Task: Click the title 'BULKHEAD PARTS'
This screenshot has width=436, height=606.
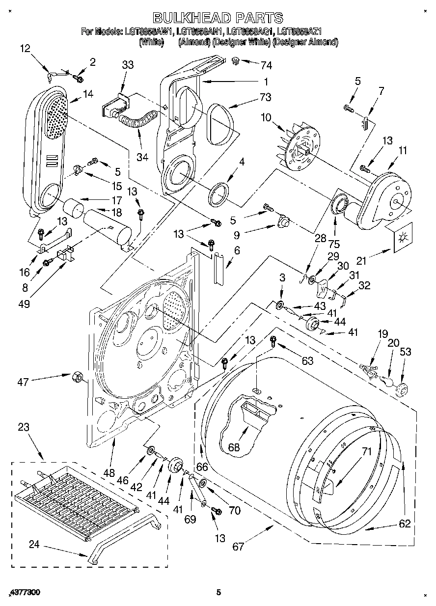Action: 218,18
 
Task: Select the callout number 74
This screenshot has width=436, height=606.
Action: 266,65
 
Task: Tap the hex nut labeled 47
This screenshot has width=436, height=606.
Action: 77,377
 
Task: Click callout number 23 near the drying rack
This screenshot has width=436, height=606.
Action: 24,427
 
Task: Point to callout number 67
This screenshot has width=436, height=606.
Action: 239,547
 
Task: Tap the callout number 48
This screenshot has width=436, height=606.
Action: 109,473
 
